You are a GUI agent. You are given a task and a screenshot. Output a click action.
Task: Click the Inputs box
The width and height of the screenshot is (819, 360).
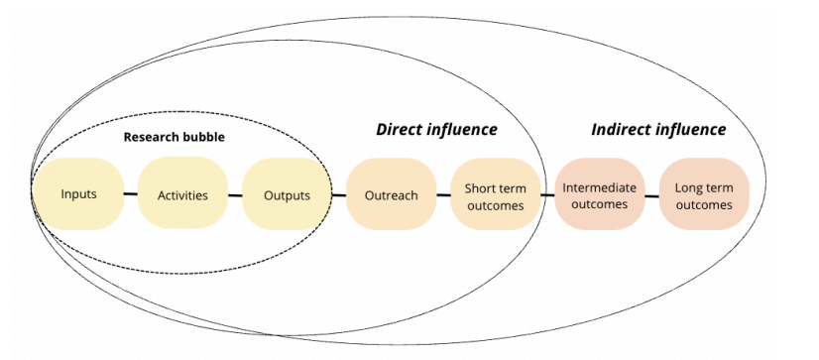pyautogui.click(x=79, y=194)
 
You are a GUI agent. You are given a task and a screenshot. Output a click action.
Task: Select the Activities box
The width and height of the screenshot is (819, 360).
pyautogui.click(x=182, y=194)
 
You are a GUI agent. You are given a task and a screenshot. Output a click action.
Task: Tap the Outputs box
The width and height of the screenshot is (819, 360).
pyautogui.click(x=287, y=194)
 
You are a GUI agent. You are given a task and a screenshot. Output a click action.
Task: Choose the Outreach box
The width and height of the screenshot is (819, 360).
pyautogui.click(x=391, y=194)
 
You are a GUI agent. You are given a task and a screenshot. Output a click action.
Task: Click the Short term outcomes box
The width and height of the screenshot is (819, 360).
pyautogui.click(x=495, y=194)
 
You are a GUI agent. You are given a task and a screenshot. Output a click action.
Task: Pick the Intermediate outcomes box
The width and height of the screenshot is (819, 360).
pyautogui.click(x=599, y=194)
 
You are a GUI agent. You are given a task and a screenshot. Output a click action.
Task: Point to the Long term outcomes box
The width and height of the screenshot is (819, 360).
pyautogui.click(x=703, y=194)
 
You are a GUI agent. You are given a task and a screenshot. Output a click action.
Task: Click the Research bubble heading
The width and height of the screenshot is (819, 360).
pyautogui.click(x=174, y=137)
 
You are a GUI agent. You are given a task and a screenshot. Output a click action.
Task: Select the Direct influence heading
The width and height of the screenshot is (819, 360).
pyautogui.click(x=436, y=130)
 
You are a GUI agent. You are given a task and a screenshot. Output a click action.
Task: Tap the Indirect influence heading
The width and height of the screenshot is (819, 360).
pyautogui.click(x=658, y=130)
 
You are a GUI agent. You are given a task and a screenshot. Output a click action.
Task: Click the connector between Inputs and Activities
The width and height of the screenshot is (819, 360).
pyautogui.click(x=130, y=194)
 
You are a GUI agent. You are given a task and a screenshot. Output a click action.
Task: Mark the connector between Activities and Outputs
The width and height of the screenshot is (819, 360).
pyautogui.click(x=235, y=194)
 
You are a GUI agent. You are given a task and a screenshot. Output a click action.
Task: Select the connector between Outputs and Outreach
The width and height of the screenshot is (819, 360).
pyautogui.click(x=338, y=194)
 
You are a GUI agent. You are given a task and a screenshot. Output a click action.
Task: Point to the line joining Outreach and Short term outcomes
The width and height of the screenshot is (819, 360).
pyautogui.click(x=442, y=194)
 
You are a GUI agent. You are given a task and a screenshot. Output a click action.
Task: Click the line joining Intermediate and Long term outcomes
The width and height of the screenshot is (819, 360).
pyautogui.click(x=651, y=194)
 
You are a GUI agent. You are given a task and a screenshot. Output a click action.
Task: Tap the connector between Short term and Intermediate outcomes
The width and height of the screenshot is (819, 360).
pyautogui.click(x=547, y=194)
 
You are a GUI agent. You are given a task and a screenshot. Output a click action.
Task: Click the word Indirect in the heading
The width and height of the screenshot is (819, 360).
pyautogui.click(x=621, y=130)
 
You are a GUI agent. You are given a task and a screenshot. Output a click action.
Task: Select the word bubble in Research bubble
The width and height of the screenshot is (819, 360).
pyautogui.click(x=202, y=137)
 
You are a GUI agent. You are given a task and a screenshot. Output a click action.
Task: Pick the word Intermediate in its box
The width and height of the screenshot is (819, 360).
pyautogui.click(x=599, y=185)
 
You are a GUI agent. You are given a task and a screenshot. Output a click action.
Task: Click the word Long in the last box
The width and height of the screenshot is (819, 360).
pyautogui.click(x=689, y=185)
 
